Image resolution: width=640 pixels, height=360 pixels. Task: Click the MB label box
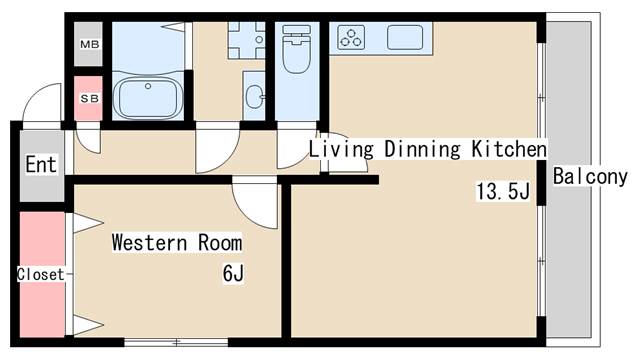[x=88, y=44]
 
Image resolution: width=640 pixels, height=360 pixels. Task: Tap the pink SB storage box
[x=88, y=98]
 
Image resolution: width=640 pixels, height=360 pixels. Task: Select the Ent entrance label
[x=41, y=164]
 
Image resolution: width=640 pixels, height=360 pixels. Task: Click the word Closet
[x=40, y=274]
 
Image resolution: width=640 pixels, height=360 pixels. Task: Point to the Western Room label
[x=177, y=242]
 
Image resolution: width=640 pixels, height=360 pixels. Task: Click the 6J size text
[x=233, y=273]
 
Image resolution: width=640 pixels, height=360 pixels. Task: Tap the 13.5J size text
[x=503, y=191]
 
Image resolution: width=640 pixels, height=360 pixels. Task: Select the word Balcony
[x=590, y=177]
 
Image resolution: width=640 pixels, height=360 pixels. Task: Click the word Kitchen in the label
[x=509, y=149]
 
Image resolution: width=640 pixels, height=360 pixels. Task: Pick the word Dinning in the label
[x=422, y=149]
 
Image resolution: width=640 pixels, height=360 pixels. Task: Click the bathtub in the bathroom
[x=148, y=98]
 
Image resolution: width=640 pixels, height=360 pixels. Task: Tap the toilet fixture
[x=296, y=49]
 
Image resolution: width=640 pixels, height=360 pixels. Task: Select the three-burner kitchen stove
[x=351, y=37]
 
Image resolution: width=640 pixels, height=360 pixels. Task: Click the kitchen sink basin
[x=405, y=37]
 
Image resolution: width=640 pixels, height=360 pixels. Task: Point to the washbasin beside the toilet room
[x=255, y=97]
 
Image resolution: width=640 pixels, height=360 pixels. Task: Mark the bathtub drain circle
[x=148, y=86]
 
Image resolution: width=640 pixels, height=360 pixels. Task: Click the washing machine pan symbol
[x=247, y=40]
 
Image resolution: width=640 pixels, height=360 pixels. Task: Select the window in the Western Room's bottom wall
[x=176, y=342]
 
